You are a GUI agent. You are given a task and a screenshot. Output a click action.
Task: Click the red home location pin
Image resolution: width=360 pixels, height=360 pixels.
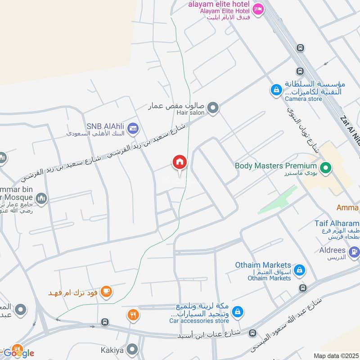[180, 162]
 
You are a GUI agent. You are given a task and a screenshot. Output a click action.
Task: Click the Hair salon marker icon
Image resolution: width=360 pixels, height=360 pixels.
[213, 108]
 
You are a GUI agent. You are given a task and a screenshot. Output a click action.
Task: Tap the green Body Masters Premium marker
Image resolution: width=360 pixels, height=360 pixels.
[327, 169]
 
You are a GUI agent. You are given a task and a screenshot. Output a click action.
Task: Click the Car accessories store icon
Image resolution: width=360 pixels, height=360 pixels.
[238, 311]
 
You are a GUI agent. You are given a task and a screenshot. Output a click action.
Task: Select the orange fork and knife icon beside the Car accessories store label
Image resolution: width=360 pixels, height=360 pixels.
[133, 315]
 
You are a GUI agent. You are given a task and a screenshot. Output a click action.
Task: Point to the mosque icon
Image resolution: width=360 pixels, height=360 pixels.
[42, 198]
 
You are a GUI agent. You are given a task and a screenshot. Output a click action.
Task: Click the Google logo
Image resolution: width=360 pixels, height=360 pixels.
[19, 353]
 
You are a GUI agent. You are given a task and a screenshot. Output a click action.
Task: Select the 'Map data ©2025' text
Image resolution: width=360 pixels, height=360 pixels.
[336, 355]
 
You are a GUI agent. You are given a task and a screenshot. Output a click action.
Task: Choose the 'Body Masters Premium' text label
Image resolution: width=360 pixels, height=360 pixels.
[276, 166]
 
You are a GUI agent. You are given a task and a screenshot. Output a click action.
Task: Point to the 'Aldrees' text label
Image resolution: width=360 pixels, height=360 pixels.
[333, 250]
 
